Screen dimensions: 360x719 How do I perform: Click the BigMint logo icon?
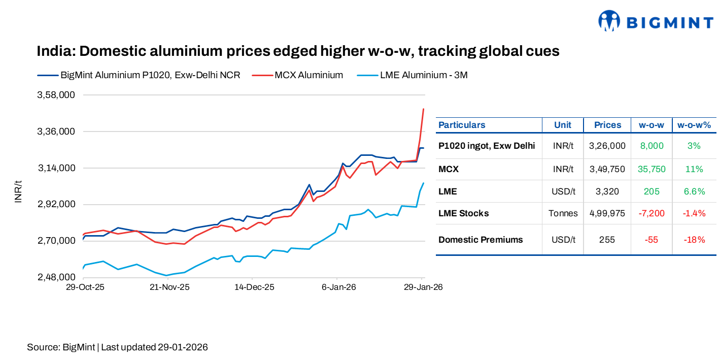[609, 21]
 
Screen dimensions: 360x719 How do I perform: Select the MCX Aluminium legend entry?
[309, 75]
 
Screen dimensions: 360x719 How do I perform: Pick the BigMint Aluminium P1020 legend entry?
[150, 75]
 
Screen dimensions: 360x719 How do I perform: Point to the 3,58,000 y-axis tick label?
[56, 95]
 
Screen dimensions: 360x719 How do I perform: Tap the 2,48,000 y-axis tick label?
[56, 278]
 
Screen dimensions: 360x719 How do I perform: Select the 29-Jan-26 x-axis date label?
[423, 287]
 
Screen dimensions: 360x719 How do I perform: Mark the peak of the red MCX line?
[423, 109]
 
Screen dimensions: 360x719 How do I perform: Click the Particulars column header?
[462, 125]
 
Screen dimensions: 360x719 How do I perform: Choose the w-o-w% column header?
[694, 125]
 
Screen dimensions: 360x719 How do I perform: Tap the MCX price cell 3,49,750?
[607, 169]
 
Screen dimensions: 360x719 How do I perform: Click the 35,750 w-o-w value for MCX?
[651, 169]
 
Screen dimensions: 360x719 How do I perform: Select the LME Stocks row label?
[463, 213]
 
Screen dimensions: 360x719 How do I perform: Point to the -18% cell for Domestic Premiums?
[694, 240]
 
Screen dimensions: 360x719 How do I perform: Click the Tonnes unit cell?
[563, 213]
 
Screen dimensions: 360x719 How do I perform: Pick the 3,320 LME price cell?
[607, 191]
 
